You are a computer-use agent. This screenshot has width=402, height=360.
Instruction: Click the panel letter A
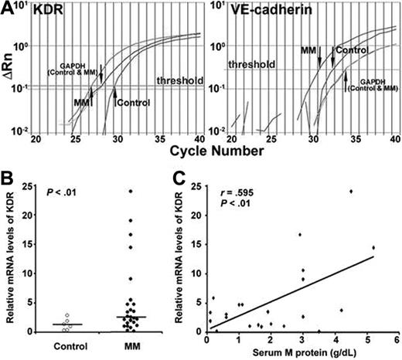pyautogui.click(x=7, y=8)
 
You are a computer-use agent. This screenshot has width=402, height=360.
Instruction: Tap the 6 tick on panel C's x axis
pyautogui.click(x=397, y=340)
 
